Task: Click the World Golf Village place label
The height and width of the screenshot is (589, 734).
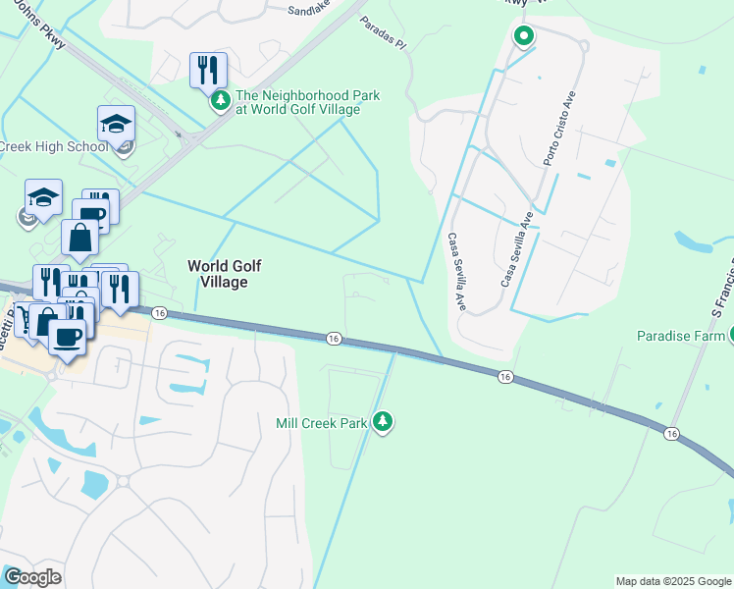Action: [218, 274]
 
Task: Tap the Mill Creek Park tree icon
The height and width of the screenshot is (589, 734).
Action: [383, 423]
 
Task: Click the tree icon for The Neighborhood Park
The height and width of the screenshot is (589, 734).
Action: [221, 100]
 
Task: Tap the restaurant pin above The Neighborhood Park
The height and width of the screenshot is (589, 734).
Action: [208, 70]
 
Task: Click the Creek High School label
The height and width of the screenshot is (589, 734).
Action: [53, 147]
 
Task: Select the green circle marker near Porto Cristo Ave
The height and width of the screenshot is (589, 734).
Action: [524, 37]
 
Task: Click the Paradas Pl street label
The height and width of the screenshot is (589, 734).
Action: [382, 33]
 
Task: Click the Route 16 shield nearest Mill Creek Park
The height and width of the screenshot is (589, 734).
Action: [334, 338]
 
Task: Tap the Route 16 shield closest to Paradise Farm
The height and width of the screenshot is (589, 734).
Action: [671, 433]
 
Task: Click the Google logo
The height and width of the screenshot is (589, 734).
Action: [32, 577]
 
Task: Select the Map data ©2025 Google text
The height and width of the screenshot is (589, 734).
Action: [673, 581]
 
